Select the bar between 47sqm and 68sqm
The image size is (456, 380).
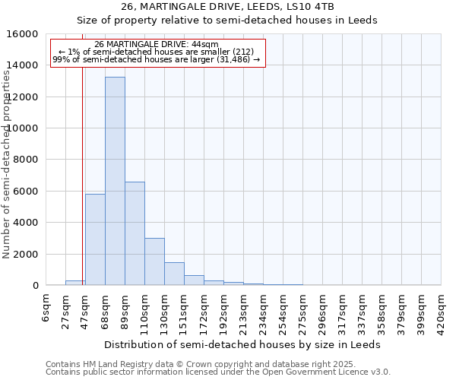point(95,239)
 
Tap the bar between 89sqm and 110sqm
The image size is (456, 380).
point(135,233)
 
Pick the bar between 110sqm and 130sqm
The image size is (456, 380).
point(154,261)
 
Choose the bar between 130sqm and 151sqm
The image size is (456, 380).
point(174,274)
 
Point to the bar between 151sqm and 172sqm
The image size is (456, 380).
point(194,280)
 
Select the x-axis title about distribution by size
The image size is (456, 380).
point(242,344)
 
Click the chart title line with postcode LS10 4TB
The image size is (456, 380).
point(227,7)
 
